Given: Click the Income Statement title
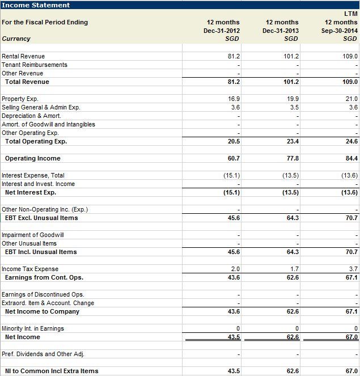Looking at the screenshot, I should (x=36, y=5).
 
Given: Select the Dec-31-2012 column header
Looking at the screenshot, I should (x=222, y=31).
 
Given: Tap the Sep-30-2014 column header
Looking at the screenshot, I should (x=340, y=31).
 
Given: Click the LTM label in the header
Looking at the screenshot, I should (x=351, y=14).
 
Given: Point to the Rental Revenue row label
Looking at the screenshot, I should (x=23, y=56).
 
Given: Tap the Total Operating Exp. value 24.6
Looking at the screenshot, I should (x=351, y=141).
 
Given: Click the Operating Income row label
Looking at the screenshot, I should (x=32, y=158).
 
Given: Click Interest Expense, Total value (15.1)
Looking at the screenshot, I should (x=231, y=175).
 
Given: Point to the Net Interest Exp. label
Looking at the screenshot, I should (x=31, y=192).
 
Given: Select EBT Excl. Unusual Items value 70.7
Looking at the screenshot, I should (x=351, y=218).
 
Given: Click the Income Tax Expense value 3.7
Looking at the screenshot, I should (x=353, y=269).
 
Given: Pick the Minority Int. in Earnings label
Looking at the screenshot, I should (x=33, y=328).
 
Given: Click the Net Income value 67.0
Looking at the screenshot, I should (x=351, y=337).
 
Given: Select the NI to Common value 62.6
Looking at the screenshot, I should (x=292, y=371).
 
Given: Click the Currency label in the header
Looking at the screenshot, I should (x=16, y=39).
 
